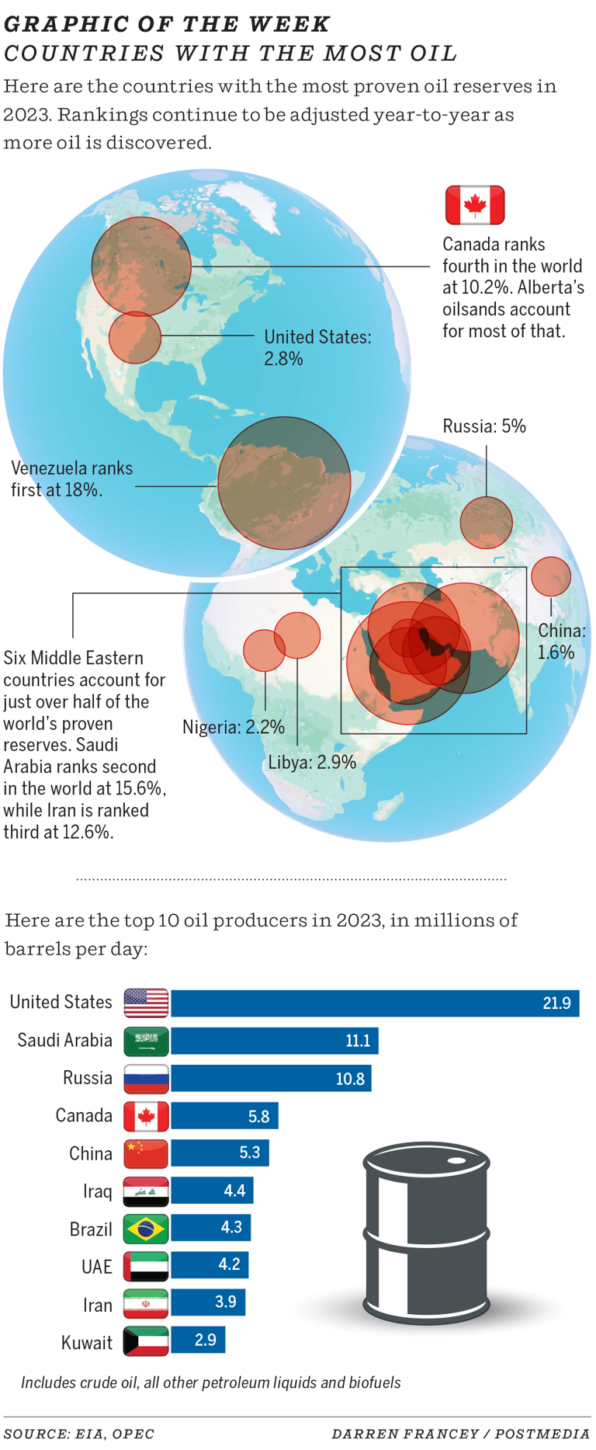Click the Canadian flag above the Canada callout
[x=475, y=205]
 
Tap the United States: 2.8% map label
[x=317, y=347]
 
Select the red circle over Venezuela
[x=284, y=483]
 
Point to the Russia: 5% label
[x=484, y=426]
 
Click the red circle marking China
[x=551, y=576]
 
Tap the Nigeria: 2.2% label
[x=233, y=727]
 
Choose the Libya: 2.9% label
[x=312, y=762]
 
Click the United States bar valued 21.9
[x=375, y=1003]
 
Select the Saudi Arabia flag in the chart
[x=146, y=1041]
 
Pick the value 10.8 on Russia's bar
[x=350, y=1079]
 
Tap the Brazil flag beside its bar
[x=146, y=1229]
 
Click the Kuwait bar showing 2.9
[x=198, y=1340]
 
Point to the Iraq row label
[x=98, y=1191]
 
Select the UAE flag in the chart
[x=146, y=1267]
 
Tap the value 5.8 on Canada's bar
[x=258, y=1116]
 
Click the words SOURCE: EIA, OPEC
[x=79, y=1434]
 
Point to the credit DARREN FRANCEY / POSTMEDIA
[x=460, y=1434]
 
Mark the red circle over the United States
[x=135, y=338]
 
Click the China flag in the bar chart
[x=146, y=1154]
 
